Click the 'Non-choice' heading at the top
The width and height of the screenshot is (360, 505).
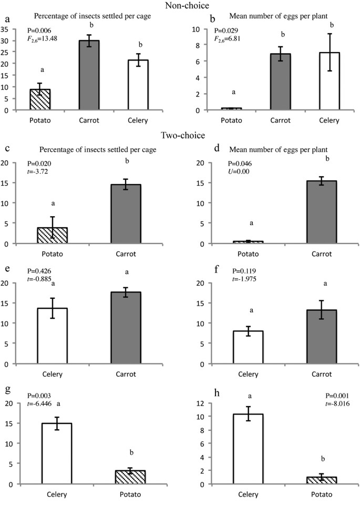click(x=180, y=6)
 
